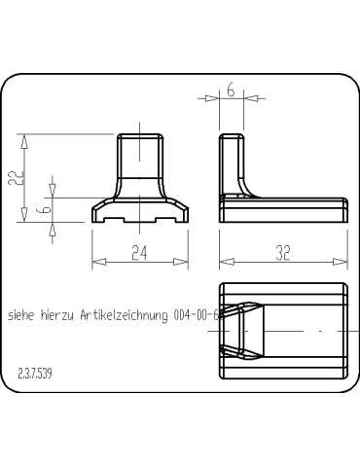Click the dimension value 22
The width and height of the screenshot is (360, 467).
[16, 177]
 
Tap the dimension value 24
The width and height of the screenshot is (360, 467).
[139, 253]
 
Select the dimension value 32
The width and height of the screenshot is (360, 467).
[283, 253]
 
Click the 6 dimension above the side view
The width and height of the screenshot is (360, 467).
[231, 90]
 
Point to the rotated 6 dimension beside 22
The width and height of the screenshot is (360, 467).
[46, 209]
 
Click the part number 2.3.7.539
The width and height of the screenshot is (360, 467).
[35, 374]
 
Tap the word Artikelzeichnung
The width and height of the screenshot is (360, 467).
[125, 315]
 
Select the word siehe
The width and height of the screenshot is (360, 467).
[20, 315]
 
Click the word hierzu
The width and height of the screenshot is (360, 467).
[57, 315]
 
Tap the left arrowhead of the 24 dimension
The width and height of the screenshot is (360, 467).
[98, 262]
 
